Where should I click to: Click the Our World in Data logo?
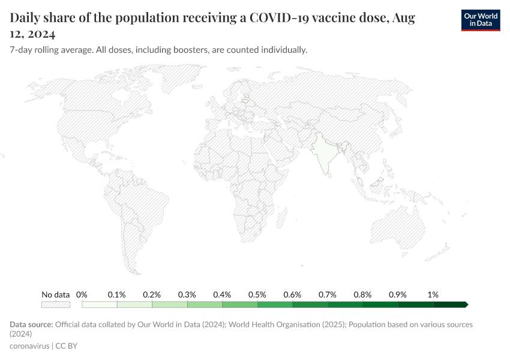point(480,19)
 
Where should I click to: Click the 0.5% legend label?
point(257,295)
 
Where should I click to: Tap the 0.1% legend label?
point(116,295)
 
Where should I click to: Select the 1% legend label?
point(433,295)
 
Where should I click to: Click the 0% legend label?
point(82,295)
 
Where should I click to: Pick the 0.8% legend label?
point(362,295)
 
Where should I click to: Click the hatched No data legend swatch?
point(56,304)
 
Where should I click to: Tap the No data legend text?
point(56,295)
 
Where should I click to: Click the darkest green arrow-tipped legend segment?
point(450,304)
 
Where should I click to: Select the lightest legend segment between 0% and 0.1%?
point(99,304)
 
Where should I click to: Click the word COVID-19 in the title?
point(279,18)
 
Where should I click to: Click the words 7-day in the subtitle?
point(23,50)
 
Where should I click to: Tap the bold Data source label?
point(31,325)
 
